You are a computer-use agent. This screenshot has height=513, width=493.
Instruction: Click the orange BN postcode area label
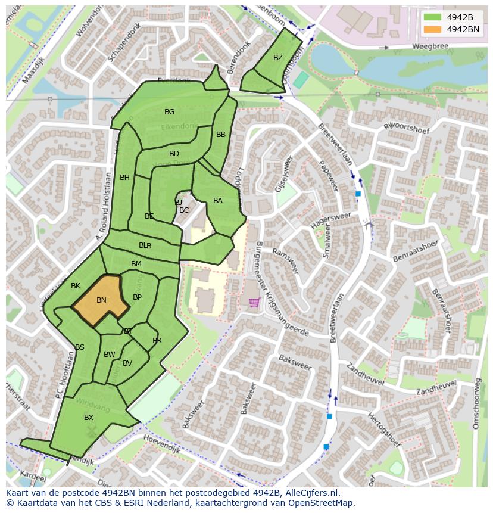(101, 300)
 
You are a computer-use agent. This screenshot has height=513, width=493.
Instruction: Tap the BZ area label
(278, 58)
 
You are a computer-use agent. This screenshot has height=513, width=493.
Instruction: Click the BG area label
(170, 112)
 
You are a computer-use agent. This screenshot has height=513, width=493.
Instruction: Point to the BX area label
(89, 418)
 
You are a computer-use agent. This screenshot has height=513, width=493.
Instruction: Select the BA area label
(218, 201)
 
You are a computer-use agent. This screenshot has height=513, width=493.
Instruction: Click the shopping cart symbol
(254, 303)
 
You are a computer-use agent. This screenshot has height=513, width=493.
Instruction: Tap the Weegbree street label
(428, 46)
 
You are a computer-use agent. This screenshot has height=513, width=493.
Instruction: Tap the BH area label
(124, 178)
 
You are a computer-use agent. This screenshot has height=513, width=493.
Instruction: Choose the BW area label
(110, 355)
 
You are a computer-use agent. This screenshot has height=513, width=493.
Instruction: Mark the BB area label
(221, 135)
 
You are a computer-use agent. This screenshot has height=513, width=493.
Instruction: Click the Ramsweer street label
(285, 261)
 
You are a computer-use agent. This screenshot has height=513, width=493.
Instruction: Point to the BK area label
(76, 286)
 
